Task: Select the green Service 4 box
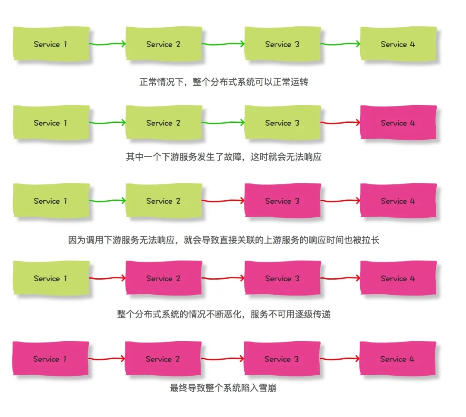[398, 44]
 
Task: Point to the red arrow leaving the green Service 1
[107, 278]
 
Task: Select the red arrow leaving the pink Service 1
[107, 358]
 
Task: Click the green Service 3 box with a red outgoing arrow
[282, 123]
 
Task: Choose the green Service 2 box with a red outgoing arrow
[163, 201]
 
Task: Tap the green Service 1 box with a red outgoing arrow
[51, 278]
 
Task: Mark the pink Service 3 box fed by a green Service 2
[282, 201]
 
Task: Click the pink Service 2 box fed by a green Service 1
[163, 278]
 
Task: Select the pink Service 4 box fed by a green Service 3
[398, 123]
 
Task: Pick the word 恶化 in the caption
[233, 314]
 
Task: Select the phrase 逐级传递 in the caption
[313, 314]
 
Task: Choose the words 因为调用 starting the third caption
[87, 240]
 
